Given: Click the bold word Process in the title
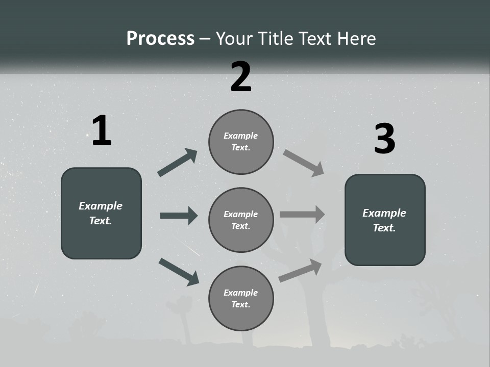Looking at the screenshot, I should pyautogui.click(x=160, y=39).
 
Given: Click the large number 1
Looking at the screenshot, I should pyautogui.click(x=101, y=131).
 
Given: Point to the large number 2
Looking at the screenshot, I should pyautogui.click(x=241, y=77).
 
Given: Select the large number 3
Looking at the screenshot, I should pyautogui.click(x=384, y=139).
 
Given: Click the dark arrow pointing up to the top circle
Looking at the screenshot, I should pyautogui.click(x=178, y=163).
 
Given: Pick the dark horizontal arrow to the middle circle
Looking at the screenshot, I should pyautogui.click(x=179, y=216).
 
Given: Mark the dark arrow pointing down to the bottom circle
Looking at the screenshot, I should pyautogui.click(x=179, y=272).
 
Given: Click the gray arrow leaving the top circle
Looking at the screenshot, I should pyautogui.click(x=303, y=163).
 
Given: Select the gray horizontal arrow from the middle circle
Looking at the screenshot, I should pyautogui.click(x=302, y=215).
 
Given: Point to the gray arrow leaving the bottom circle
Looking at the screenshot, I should pyautogui.click(x=300, y=270).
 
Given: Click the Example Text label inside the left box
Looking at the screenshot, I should pyautogui.click(x=101, y=213).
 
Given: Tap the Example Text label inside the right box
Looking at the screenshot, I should pyautogui.click(x=384, y=220).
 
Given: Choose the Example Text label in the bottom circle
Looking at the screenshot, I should pyautogui.click(x=241, y=299).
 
